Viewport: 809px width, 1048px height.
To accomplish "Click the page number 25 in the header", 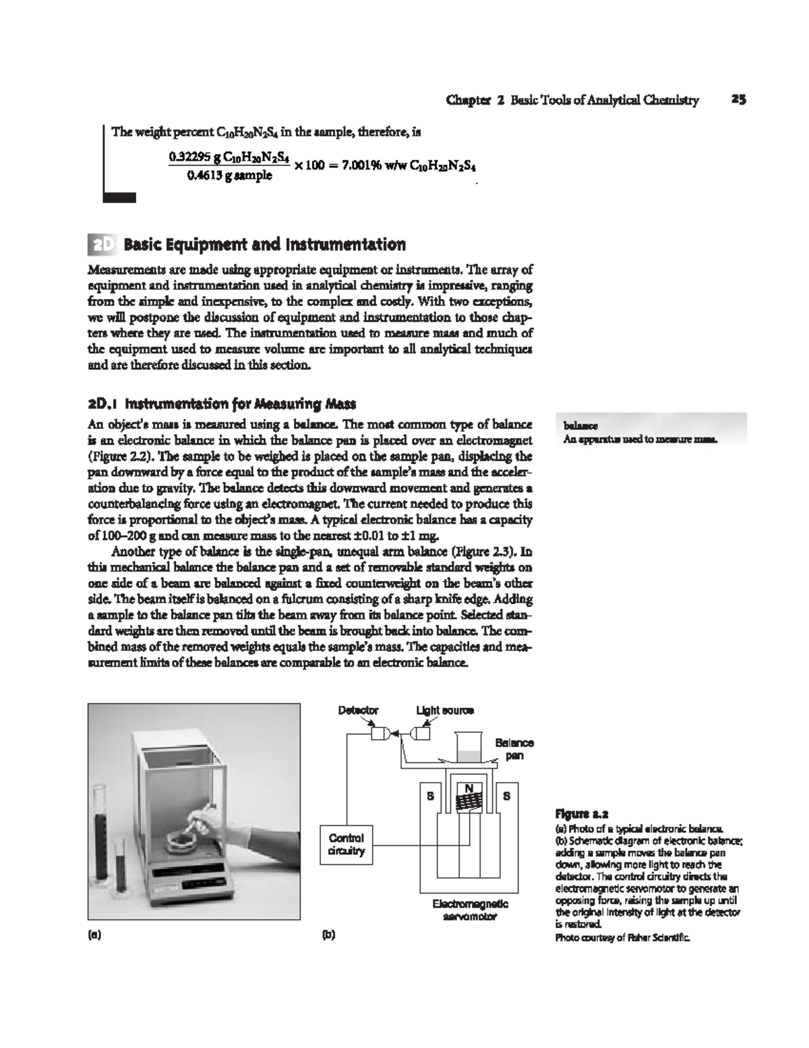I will (x=738, y=101).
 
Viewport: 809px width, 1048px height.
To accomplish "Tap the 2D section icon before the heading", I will (x=102, y=244).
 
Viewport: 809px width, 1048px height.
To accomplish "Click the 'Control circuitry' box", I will (x=346, y=844).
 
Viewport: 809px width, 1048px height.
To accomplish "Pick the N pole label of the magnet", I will (x=468, y=789).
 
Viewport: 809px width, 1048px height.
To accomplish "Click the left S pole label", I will (x=429, y=796).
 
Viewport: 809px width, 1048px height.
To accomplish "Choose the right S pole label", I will (x=507, y=796).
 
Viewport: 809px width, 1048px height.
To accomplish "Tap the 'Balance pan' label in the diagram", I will (x=514, y=749).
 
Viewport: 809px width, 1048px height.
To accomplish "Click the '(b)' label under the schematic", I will (x=328, y=935).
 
